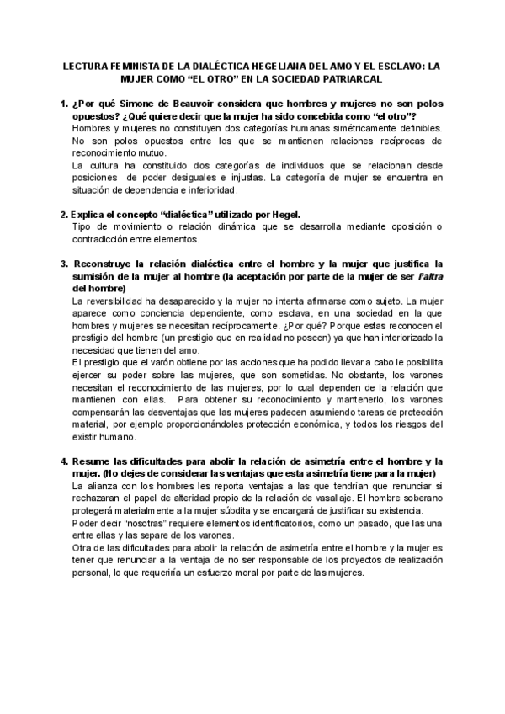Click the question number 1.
[64, 103]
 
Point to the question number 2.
[64, 215]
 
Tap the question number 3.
[64, 264]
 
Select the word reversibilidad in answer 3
[121, 301]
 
